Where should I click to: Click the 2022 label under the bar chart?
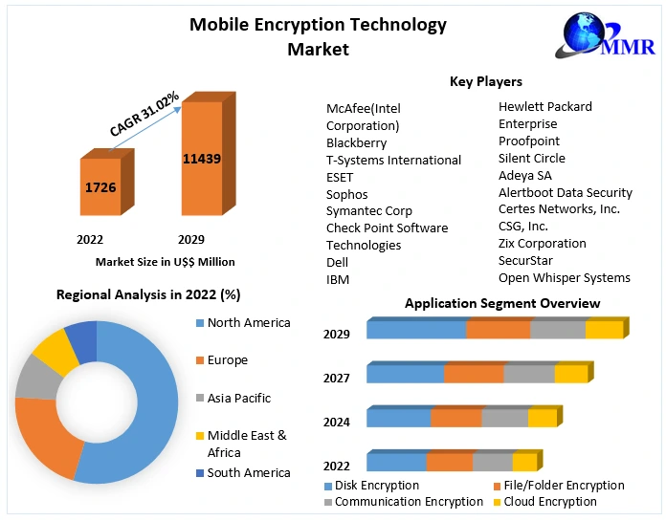click(90, 239)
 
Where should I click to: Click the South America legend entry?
click(248, 472)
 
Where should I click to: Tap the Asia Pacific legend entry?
click(238, 398)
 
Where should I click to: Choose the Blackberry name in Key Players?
click(356, 142)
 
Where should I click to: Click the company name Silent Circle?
click(532, 158)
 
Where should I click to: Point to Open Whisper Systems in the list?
click(565, 277)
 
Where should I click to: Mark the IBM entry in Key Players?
click(338, 279)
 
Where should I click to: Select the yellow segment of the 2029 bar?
click(604, 330)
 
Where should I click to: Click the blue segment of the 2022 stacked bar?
click(396, 463)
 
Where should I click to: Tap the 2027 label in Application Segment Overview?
click(337, 379)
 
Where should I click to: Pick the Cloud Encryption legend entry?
click(550, 501)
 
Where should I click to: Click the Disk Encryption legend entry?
click(377, 486)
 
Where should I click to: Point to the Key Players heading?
click(486, 82)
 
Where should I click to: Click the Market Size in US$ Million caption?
click(165, 261)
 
